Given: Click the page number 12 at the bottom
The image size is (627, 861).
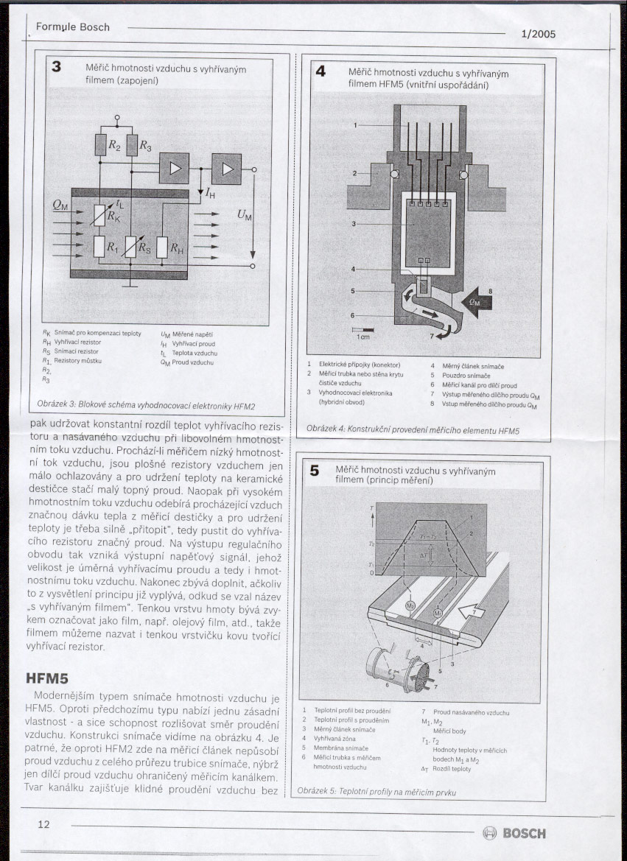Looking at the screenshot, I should click(43, 823).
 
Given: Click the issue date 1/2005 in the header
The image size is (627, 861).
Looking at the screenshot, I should click(538, 34).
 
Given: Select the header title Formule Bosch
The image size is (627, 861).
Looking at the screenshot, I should click(72, 27).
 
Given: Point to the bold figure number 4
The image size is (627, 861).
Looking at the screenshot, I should click(320, 71).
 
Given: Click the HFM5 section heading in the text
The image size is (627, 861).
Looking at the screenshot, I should click(46, 677).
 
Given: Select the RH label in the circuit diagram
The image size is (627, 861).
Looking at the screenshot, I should click(177, 249).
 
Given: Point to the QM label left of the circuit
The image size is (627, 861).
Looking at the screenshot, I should click(60, 207).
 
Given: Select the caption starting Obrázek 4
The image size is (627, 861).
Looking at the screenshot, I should click(413, 429).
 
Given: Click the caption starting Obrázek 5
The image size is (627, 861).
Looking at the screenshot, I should click(376, 792).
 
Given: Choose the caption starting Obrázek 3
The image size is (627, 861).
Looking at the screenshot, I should click(146, 406).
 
